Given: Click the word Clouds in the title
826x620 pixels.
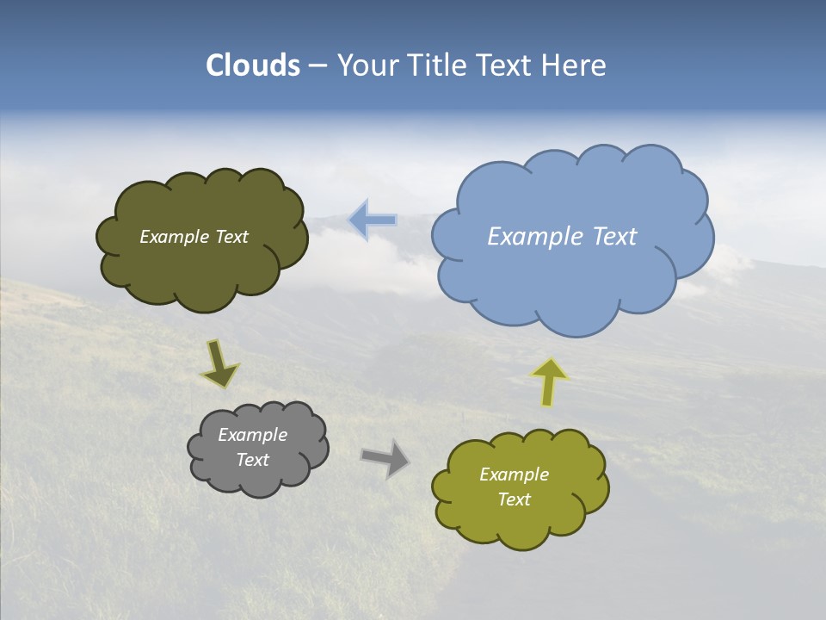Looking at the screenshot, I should (253, 65).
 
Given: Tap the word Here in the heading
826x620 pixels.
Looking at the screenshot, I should (573, 65).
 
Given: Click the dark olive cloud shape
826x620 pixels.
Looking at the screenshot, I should (202, 267).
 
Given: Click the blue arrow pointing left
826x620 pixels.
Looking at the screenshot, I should (373, 220).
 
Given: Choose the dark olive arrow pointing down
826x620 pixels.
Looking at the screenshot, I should (219, 364).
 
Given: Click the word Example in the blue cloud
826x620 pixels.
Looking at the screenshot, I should (533, 237).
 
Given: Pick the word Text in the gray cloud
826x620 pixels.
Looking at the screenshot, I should (253, 460).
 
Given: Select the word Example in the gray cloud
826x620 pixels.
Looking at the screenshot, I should (253, 435).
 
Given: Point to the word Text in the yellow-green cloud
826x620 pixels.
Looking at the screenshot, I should (515, 499).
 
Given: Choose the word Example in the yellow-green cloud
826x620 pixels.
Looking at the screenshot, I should (515, 474).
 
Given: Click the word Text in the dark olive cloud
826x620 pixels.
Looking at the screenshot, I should (231, 237).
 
